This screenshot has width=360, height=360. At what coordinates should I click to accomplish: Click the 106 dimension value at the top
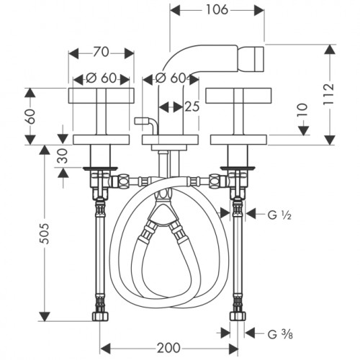click(217, 10)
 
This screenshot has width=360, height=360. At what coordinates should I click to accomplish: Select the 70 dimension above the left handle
click(101, 53)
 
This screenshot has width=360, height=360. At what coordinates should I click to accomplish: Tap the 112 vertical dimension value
click(328, 94)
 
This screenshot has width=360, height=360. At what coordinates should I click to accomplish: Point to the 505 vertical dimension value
click(44, 233)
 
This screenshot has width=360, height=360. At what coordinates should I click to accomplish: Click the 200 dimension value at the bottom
click(168, 348)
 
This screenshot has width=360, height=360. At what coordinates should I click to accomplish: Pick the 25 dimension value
click(192, 107)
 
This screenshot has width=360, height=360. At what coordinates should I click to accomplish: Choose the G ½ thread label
click(279, 215)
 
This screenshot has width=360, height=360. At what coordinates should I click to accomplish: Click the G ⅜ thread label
click(280, 334)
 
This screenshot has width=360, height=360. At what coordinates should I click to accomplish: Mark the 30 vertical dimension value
click(63, 156)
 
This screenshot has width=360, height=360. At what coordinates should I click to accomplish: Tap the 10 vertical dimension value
click(303, 109)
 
